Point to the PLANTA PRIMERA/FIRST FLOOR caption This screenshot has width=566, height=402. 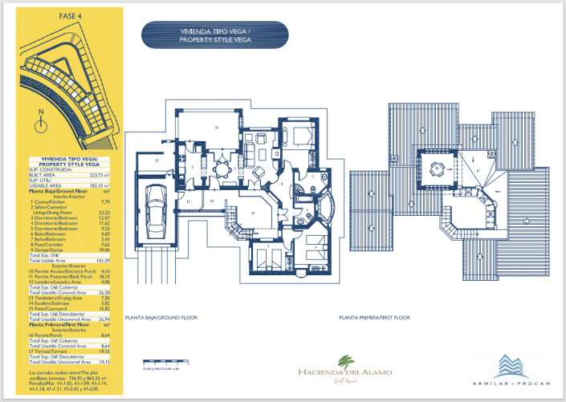click(374, 319)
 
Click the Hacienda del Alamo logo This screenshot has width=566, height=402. click(345, 370)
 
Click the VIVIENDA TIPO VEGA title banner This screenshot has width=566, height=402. click(216, 35)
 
